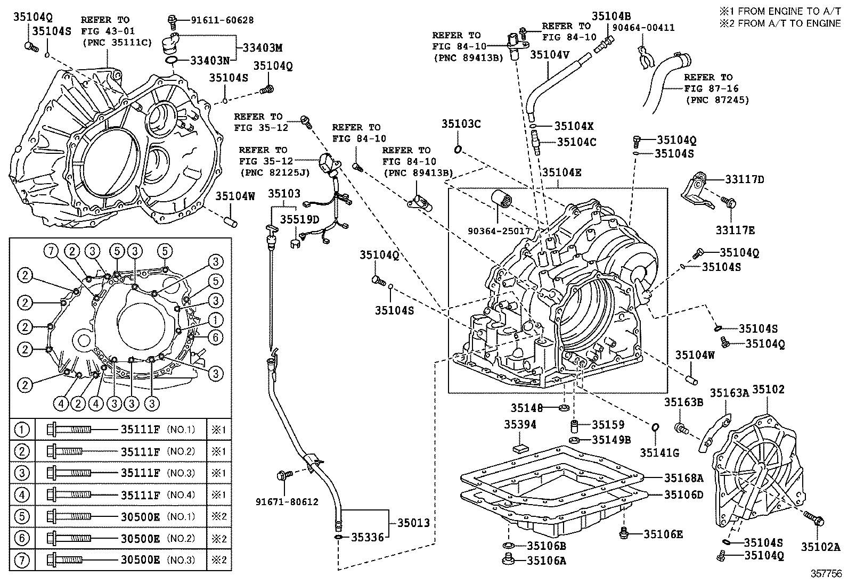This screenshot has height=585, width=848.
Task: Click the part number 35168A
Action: click(x=683, y=477)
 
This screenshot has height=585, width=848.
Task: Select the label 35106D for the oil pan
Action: click(x=683, y=495)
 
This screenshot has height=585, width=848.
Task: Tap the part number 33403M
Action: click(x=262, y=47)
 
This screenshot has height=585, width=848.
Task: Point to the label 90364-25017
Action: click(x=499, y=231)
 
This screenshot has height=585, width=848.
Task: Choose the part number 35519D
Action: click(x=300, y=219)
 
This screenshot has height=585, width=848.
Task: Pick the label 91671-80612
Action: click(x=287, y=501)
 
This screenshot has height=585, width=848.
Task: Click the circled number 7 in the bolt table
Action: click(x=22, y=560)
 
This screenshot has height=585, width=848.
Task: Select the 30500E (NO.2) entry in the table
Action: click(x=140, y=538)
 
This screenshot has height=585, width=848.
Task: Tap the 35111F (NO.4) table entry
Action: click(x=140, y=495)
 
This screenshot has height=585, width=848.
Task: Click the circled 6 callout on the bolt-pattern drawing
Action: click(x=215, y=336)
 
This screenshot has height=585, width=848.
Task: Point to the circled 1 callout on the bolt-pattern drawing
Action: click(x=215, y=319)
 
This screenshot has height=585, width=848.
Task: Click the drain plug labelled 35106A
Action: click(x=507, y=559)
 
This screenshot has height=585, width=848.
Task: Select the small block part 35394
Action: click(x=519, y=447)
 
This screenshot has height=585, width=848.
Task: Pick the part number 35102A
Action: click(x=820, y=546)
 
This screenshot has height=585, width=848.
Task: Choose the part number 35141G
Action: click(x=659, y=453)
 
